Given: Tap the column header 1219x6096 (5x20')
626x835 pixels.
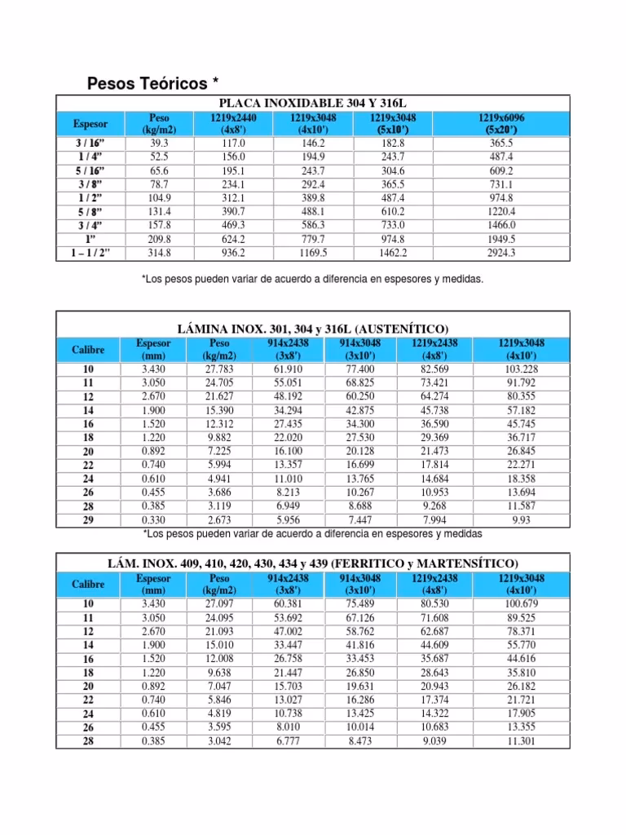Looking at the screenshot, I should point(501,124).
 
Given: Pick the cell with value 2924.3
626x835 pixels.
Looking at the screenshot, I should point(501,254).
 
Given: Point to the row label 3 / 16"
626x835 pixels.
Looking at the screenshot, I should point(90,143).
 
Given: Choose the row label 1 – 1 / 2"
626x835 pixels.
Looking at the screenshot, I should point(90,254).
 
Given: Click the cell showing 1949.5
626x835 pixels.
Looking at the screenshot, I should point(501,240).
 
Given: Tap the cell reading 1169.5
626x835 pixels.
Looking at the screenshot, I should point(313,254).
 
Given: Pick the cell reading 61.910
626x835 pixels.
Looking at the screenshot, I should point(289,369).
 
